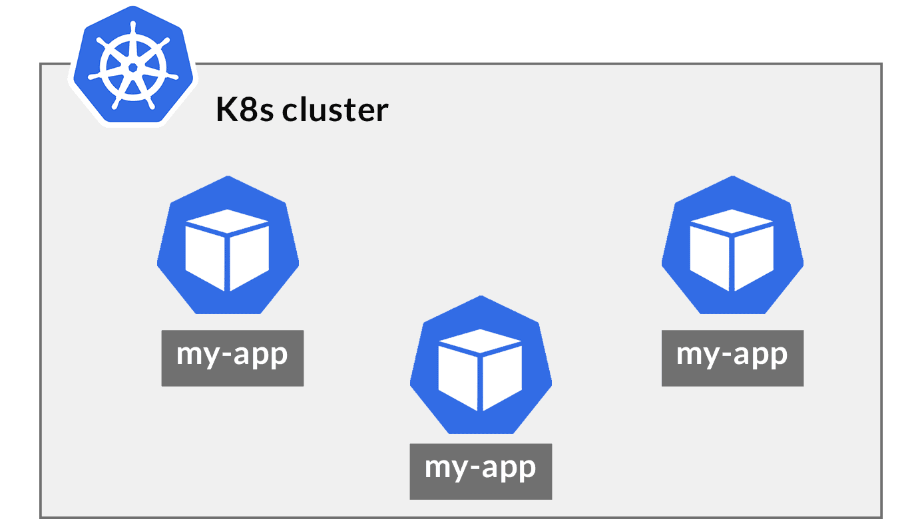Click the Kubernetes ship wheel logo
(132, 67)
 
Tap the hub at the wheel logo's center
(132, 67)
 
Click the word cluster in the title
(334, 110)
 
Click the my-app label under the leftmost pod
(232, 357)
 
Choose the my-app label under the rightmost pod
(732, 357)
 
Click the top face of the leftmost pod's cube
(228, 221)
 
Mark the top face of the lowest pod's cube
(481, 340)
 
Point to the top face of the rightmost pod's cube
(732, 221)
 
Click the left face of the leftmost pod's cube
(206, 256)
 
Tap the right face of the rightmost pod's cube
(754, 256)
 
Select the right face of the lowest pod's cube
(502, 375)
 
